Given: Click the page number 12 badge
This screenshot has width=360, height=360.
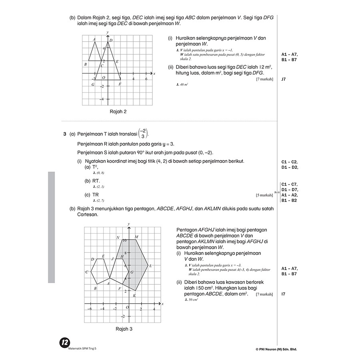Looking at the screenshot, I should (65, 343).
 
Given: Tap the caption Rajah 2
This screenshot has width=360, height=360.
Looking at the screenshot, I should (118, 112).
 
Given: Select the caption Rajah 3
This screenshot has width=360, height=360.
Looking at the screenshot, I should (124, 329).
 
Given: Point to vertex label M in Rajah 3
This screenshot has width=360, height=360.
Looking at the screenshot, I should (136, 237).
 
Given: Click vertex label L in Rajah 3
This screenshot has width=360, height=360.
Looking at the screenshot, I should (150, 266).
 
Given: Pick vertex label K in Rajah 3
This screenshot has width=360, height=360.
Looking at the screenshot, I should (134, 296).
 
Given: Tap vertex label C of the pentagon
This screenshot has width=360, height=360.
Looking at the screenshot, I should (86, 272).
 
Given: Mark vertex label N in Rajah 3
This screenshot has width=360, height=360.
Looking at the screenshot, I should (118, 238).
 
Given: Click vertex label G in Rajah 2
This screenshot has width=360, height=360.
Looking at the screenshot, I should (93, 84).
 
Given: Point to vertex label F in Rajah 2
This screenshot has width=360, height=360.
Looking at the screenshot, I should (120, 84).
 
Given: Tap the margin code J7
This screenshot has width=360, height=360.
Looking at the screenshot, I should (284, 79).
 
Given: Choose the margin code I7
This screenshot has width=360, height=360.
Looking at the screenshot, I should (283, 294).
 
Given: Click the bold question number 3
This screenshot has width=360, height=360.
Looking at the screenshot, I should (65, 134).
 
